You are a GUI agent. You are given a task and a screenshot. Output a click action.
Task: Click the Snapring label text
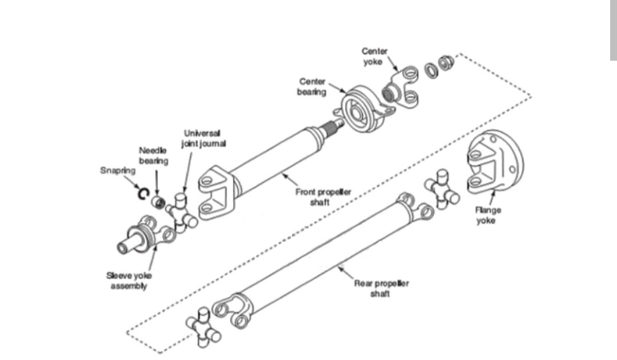(x=118, y=170)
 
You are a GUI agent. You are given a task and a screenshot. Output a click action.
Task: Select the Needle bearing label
(x=154, y=155)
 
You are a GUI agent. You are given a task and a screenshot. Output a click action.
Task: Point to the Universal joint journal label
(x=203, y=138)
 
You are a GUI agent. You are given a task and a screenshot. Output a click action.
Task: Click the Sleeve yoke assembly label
(x=129, y=281)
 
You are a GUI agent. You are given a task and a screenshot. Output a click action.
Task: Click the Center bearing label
(x=311, y=87)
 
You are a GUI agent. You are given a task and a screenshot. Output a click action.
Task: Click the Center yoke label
(x=374, y=56)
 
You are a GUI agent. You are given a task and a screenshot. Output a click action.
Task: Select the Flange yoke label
(x=487, y=215)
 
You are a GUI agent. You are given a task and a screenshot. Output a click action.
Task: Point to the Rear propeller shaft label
(x=381, y=288)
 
